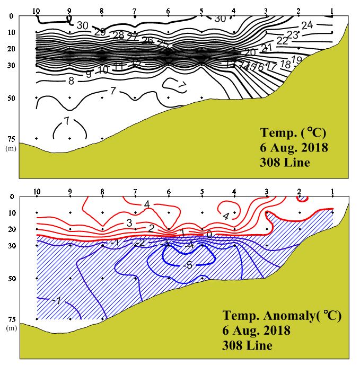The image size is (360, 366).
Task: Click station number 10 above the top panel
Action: pos(36,11)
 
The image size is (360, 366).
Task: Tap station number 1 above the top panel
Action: pos(332,11)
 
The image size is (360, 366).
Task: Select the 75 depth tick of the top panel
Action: pos(11,139)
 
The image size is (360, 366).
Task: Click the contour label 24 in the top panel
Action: pos(307,25)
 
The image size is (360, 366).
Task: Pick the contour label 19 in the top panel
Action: pos(297,60)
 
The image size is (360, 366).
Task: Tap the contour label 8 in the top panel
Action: pos(71,81)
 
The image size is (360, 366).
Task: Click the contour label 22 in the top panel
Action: pos(282,41)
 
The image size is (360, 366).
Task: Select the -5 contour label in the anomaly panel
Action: pos(187,265)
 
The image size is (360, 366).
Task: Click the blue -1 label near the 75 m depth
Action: pos(57,301)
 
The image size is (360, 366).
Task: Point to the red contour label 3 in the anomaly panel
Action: pos(129,223)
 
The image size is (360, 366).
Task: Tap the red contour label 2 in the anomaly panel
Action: pos(151,228)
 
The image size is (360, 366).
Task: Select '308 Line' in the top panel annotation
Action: pos(284,163)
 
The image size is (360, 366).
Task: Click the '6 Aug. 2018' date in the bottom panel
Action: pos(256,331)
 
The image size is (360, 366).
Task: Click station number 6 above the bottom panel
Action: pos(168,192)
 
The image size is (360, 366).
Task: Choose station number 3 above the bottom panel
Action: pos(267,192)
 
